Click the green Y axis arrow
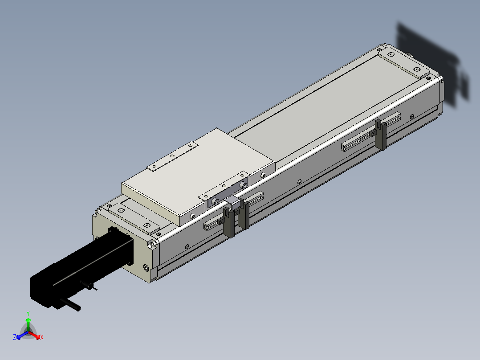pyautogui.click(x=28, y=324)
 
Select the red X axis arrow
pyautogui.click(x=34, y=335)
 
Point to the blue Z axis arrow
pyautogui.click(x=22, y=335)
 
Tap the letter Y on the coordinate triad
pyautogui.click(x=28, y=314)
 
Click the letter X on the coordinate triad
pyautogui.click(x=42, y=337)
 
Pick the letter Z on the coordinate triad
pyautogui.click(x=15, y=337)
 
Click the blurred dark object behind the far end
pyautogui.click(x=431, y=64)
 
